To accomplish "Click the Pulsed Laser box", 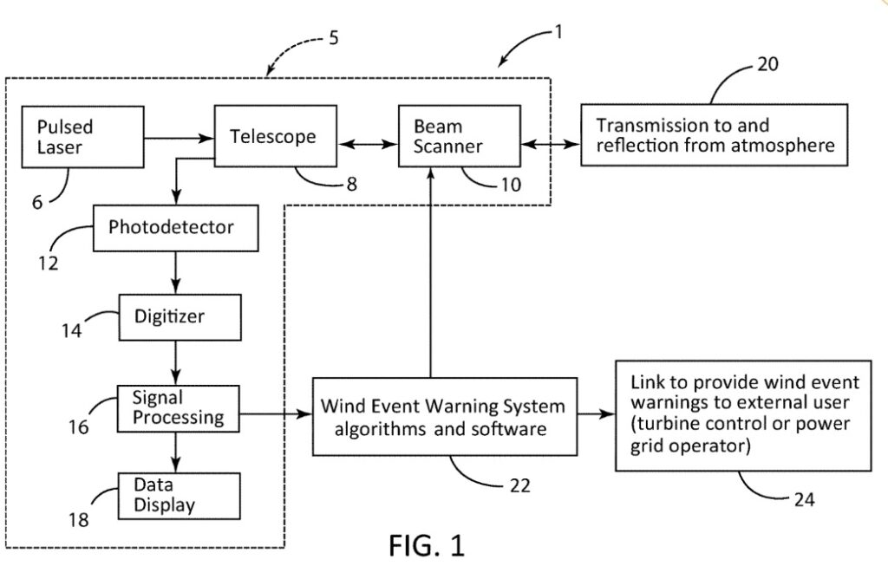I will tap(82, 137).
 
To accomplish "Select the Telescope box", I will tap(275, 136).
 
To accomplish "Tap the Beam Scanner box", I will tap(459, 136).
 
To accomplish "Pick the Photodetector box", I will tap(175, 228).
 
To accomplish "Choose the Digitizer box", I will tap(180, 316).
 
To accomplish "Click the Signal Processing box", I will tap(178, 408).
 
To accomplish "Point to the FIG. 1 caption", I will tap(426, 546).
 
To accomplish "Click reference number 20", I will tap(767, 63).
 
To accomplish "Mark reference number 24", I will tap(802, 499).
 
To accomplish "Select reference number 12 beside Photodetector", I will tap(49, 263).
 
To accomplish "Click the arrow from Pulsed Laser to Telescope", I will tap(179, 136).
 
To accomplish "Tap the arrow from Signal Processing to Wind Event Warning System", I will tap(275, 415).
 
